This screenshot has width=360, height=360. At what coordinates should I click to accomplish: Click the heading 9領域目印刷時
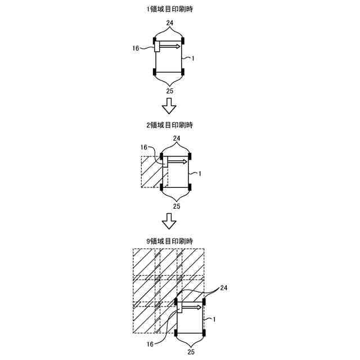pos(169,241)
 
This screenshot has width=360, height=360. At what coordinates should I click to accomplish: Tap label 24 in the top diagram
pos(169,23)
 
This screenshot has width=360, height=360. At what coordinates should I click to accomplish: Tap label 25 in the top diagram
pos(169,90)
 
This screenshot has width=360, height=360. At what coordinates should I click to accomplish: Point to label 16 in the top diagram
pos(136,48)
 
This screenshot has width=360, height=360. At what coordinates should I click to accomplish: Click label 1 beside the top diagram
pos(193,58)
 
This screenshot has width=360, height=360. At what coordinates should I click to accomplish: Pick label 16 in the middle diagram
pos(144,147)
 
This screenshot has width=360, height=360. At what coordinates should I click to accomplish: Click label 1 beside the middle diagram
pos(200,173)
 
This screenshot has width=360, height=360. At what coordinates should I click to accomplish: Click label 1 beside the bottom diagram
pos(214,319)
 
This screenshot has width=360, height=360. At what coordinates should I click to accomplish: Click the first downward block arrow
pos(169,105)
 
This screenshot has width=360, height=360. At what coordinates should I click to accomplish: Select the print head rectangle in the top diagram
pos(157,47)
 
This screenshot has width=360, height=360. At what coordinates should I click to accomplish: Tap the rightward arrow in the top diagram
pos(170,46)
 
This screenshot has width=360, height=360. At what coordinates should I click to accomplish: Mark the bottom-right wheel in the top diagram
pos(183,72)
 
